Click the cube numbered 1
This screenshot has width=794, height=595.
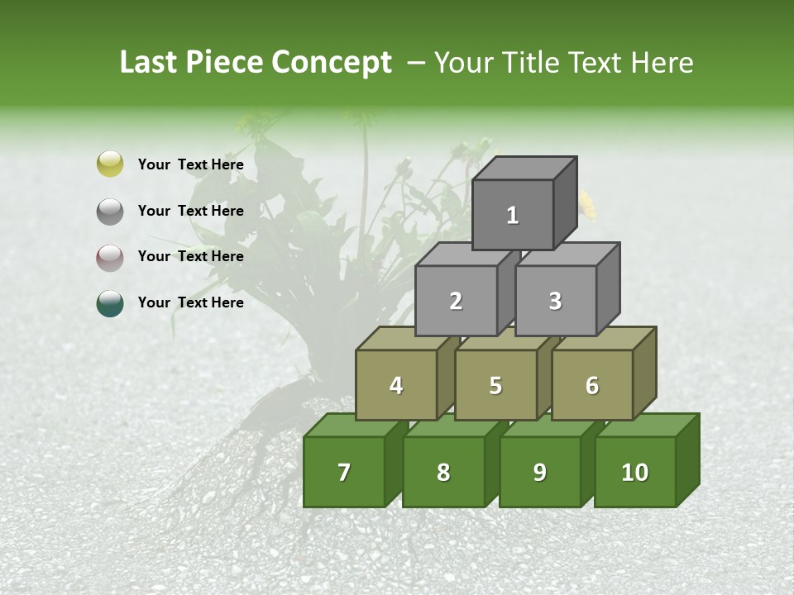[x=513, y=215]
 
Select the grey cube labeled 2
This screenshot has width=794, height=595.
[x=456, y=301]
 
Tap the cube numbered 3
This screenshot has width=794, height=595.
[x=555, y=301]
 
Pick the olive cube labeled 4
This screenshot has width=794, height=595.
[x=396, y=385]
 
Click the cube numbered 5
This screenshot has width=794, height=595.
[x=495, y=385]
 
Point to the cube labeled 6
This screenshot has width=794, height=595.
[x=592, y=385]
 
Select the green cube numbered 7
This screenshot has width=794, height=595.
[x=344, y=472]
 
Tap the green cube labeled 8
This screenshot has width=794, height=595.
[x=443, y=472]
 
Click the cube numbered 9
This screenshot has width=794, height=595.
[x=539, y=472]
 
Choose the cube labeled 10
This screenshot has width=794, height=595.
[x=634, y=472]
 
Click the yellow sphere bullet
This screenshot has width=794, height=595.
[x=110, y=164]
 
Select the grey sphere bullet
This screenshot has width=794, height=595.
[x=110, y=211]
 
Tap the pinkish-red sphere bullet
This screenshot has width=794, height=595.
[x=110, y=257]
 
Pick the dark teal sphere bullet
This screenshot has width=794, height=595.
[x=110, y=303]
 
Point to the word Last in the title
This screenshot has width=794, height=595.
[x=150, y=63]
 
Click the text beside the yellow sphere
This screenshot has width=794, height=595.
[x=191, y=164]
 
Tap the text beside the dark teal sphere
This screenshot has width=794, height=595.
[x=191, y=302]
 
